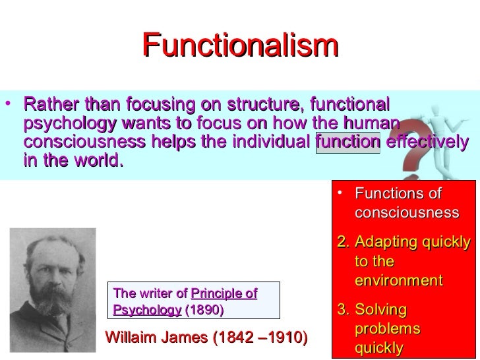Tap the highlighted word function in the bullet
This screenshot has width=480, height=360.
tap(348, 143)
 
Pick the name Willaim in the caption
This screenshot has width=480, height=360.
tap(132, 338)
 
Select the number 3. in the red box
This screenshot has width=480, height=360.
tap(342, 309)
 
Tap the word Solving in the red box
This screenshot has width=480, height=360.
tap(380, 309)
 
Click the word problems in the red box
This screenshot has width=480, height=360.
tap(387, 328)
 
